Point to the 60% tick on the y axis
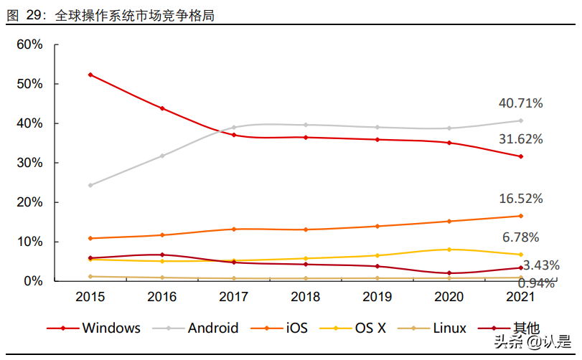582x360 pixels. [29, 44]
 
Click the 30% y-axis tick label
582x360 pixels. [29, 163]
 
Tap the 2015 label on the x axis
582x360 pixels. [90, 296]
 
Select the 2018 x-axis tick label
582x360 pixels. [306, 296]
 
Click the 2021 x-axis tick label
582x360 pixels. [521, 296]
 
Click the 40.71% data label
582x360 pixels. [521, 103]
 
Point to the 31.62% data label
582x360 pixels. [521, 139]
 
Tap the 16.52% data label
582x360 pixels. [521, 199]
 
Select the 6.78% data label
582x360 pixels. [521, 237]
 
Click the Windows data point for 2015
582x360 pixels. [90, 75]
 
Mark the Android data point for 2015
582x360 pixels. [90, 185]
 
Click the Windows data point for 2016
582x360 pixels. [162, 108]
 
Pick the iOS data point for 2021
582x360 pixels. [521, 216]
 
